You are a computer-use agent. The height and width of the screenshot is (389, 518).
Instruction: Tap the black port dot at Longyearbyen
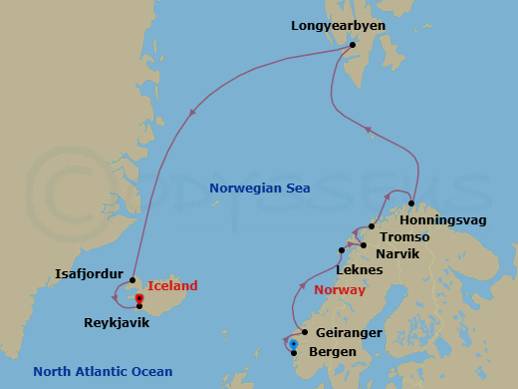352,45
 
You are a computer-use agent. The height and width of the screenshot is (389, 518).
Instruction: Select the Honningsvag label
449,219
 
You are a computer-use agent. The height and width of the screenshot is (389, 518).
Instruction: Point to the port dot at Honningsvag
411,203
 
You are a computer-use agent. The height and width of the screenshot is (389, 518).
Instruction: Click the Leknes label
362,270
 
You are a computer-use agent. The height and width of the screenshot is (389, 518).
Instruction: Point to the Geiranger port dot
304,333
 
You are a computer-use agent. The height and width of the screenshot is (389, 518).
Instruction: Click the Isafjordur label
89,272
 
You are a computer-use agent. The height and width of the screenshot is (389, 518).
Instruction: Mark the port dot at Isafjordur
131,280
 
